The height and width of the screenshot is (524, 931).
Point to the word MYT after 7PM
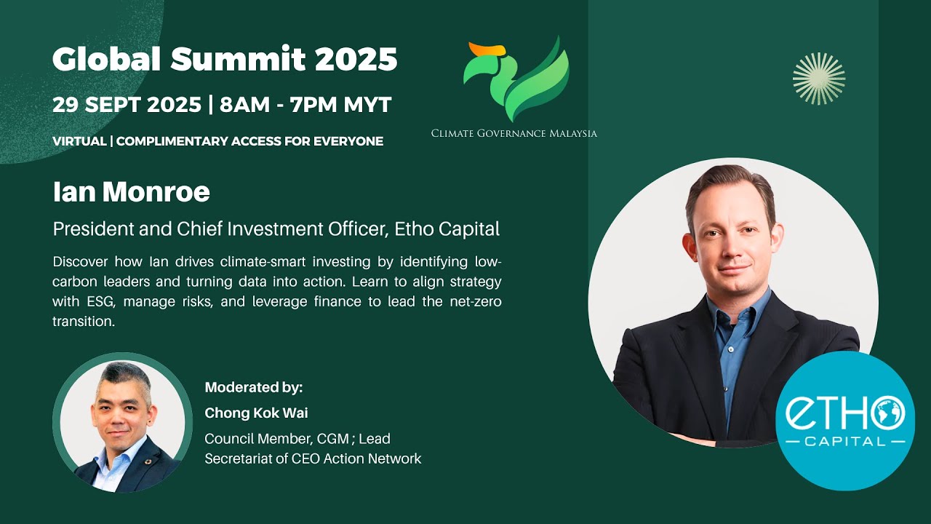pos(367,105)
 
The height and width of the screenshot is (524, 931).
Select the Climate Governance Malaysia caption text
pos(514,133)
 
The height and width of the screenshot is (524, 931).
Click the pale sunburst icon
pos(819,79)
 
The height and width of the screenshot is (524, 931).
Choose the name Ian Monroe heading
pos(131,192)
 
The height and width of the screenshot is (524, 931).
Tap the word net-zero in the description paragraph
pos(474,301)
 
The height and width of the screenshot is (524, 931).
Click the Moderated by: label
pos(253,387)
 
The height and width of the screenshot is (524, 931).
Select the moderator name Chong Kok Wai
pos(256,413)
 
